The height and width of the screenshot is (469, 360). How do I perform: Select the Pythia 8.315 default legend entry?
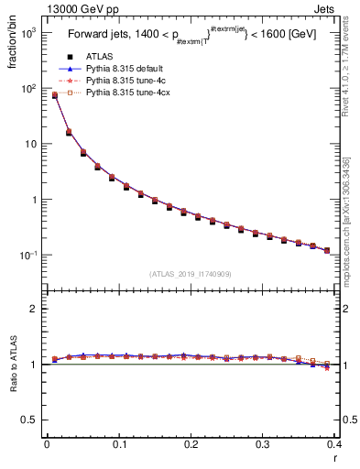[x=120, y=69]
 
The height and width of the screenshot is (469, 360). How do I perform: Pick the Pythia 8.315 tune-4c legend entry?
[x=120, y=81]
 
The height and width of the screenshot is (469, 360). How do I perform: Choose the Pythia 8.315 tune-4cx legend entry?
[x=122, y=93]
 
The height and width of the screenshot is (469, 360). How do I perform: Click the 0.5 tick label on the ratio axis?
[x=29, y=420]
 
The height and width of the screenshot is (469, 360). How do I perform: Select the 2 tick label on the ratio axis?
[x=33, y=309]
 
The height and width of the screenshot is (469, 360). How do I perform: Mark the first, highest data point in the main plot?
[x=54, y=95]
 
